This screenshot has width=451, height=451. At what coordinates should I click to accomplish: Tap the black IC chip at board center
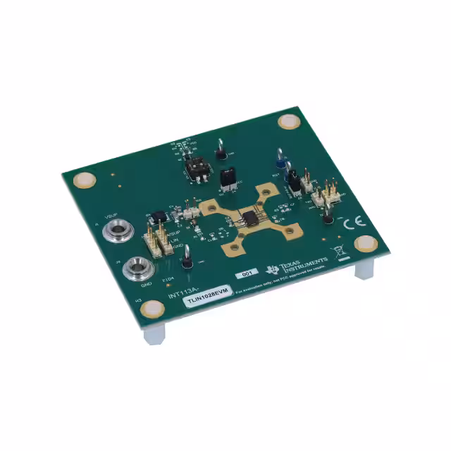249,218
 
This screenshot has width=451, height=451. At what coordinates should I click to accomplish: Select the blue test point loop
280,163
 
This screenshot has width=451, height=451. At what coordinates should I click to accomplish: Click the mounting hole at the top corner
288,121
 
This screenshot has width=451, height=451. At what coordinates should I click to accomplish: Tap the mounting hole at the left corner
85,180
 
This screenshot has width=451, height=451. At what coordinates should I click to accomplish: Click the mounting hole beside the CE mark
365,244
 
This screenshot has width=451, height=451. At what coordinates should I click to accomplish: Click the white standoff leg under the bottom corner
154,335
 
